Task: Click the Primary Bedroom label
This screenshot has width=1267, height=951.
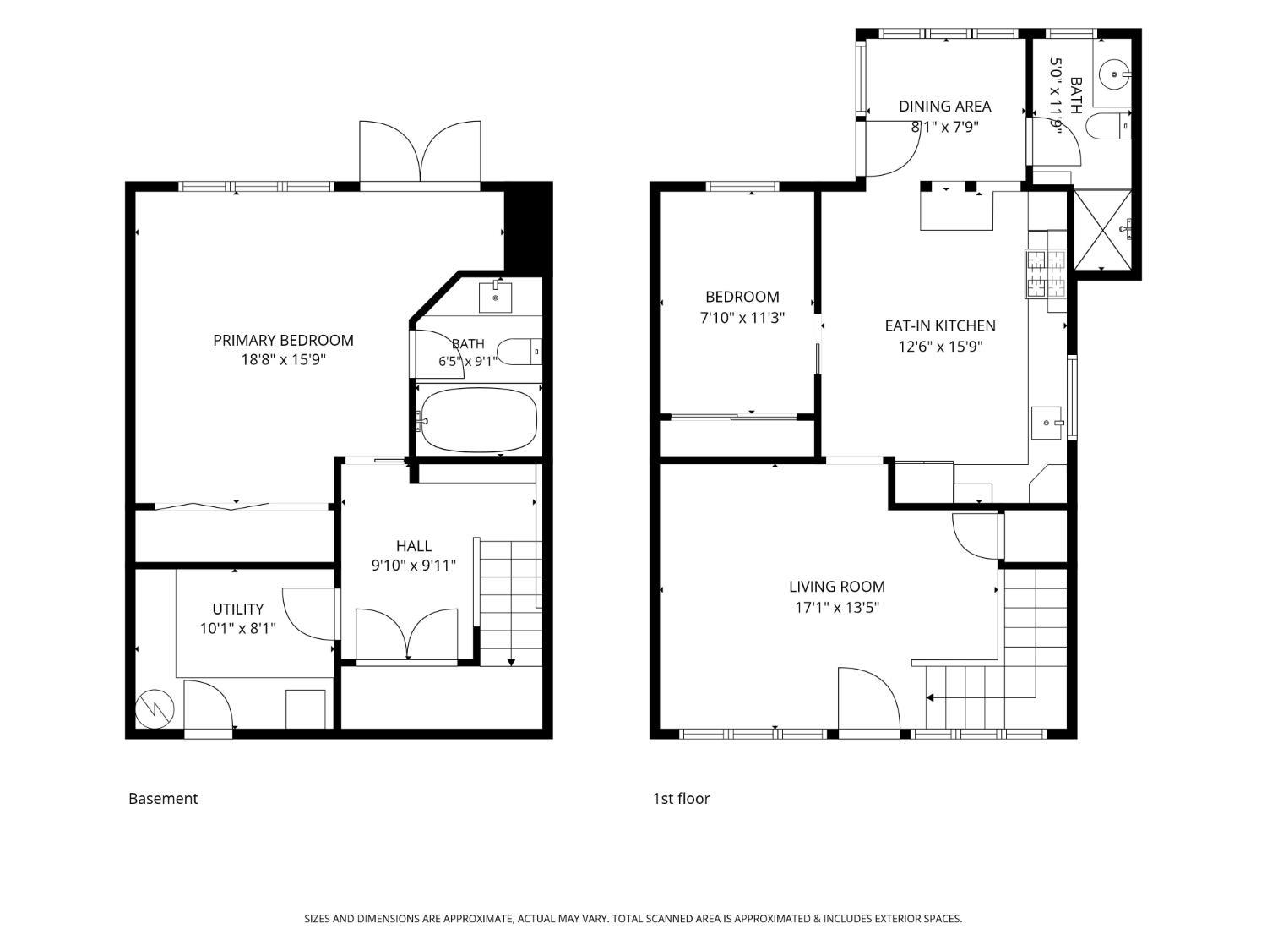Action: [283, 341]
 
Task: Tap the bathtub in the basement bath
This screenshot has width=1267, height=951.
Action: [479, 420]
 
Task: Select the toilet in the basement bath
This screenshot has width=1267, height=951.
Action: [519, 352]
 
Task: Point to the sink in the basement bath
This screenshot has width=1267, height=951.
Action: [495, 297]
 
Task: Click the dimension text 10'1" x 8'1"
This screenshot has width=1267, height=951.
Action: [238, 628]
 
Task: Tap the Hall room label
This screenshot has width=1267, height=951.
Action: [414, 545]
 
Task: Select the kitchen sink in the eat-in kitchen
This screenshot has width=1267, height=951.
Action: [1047, 422]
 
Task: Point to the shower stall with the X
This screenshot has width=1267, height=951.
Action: [1102, 231]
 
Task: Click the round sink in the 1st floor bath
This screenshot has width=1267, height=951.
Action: [1113, 74]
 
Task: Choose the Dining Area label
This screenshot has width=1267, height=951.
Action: [945, 107]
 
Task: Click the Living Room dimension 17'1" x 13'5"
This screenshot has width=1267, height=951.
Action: [837, 608]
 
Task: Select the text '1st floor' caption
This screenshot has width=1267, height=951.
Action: [681, 799]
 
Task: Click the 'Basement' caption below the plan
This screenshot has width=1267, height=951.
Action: [163, 799]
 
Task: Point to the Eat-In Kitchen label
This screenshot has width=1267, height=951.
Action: [940, 325]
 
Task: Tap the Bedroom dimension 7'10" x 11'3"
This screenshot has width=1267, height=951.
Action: [742, 318]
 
